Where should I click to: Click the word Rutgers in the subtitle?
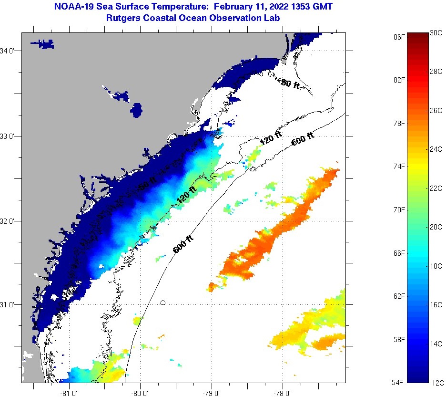tap(123, 18)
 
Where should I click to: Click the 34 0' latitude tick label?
tap(9, 51)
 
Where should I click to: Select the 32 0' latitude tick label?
tap(9, 221)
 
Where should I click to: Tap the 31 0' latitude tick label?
tap(9, 304)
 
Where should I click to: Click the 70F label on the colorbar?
tap(400, 209)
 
